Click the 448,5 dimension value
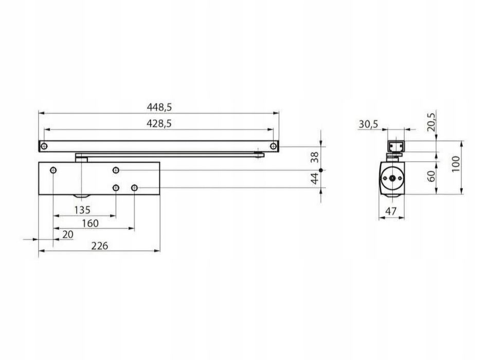159,107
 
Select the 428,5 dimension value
159,123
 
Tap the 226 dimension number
100,246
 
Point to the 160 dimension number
90,223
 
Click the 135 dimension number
82,210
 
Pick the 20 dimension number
68,235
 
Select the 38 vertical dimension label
315,157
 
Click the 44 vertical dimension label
315,178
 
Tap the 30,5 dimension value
368,124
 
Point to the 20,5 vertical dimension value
431,122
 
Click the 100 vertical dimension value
455,164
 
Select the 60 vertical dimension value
431,176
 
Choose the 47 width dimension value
391,211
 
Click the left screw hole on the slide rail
44,146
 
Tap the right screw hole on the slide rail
273,146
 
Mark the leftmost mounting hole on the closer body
53,170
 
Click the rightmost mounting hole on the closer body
135,188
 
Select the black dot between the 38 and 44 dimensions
321,170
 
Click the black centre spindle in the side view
392,178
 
